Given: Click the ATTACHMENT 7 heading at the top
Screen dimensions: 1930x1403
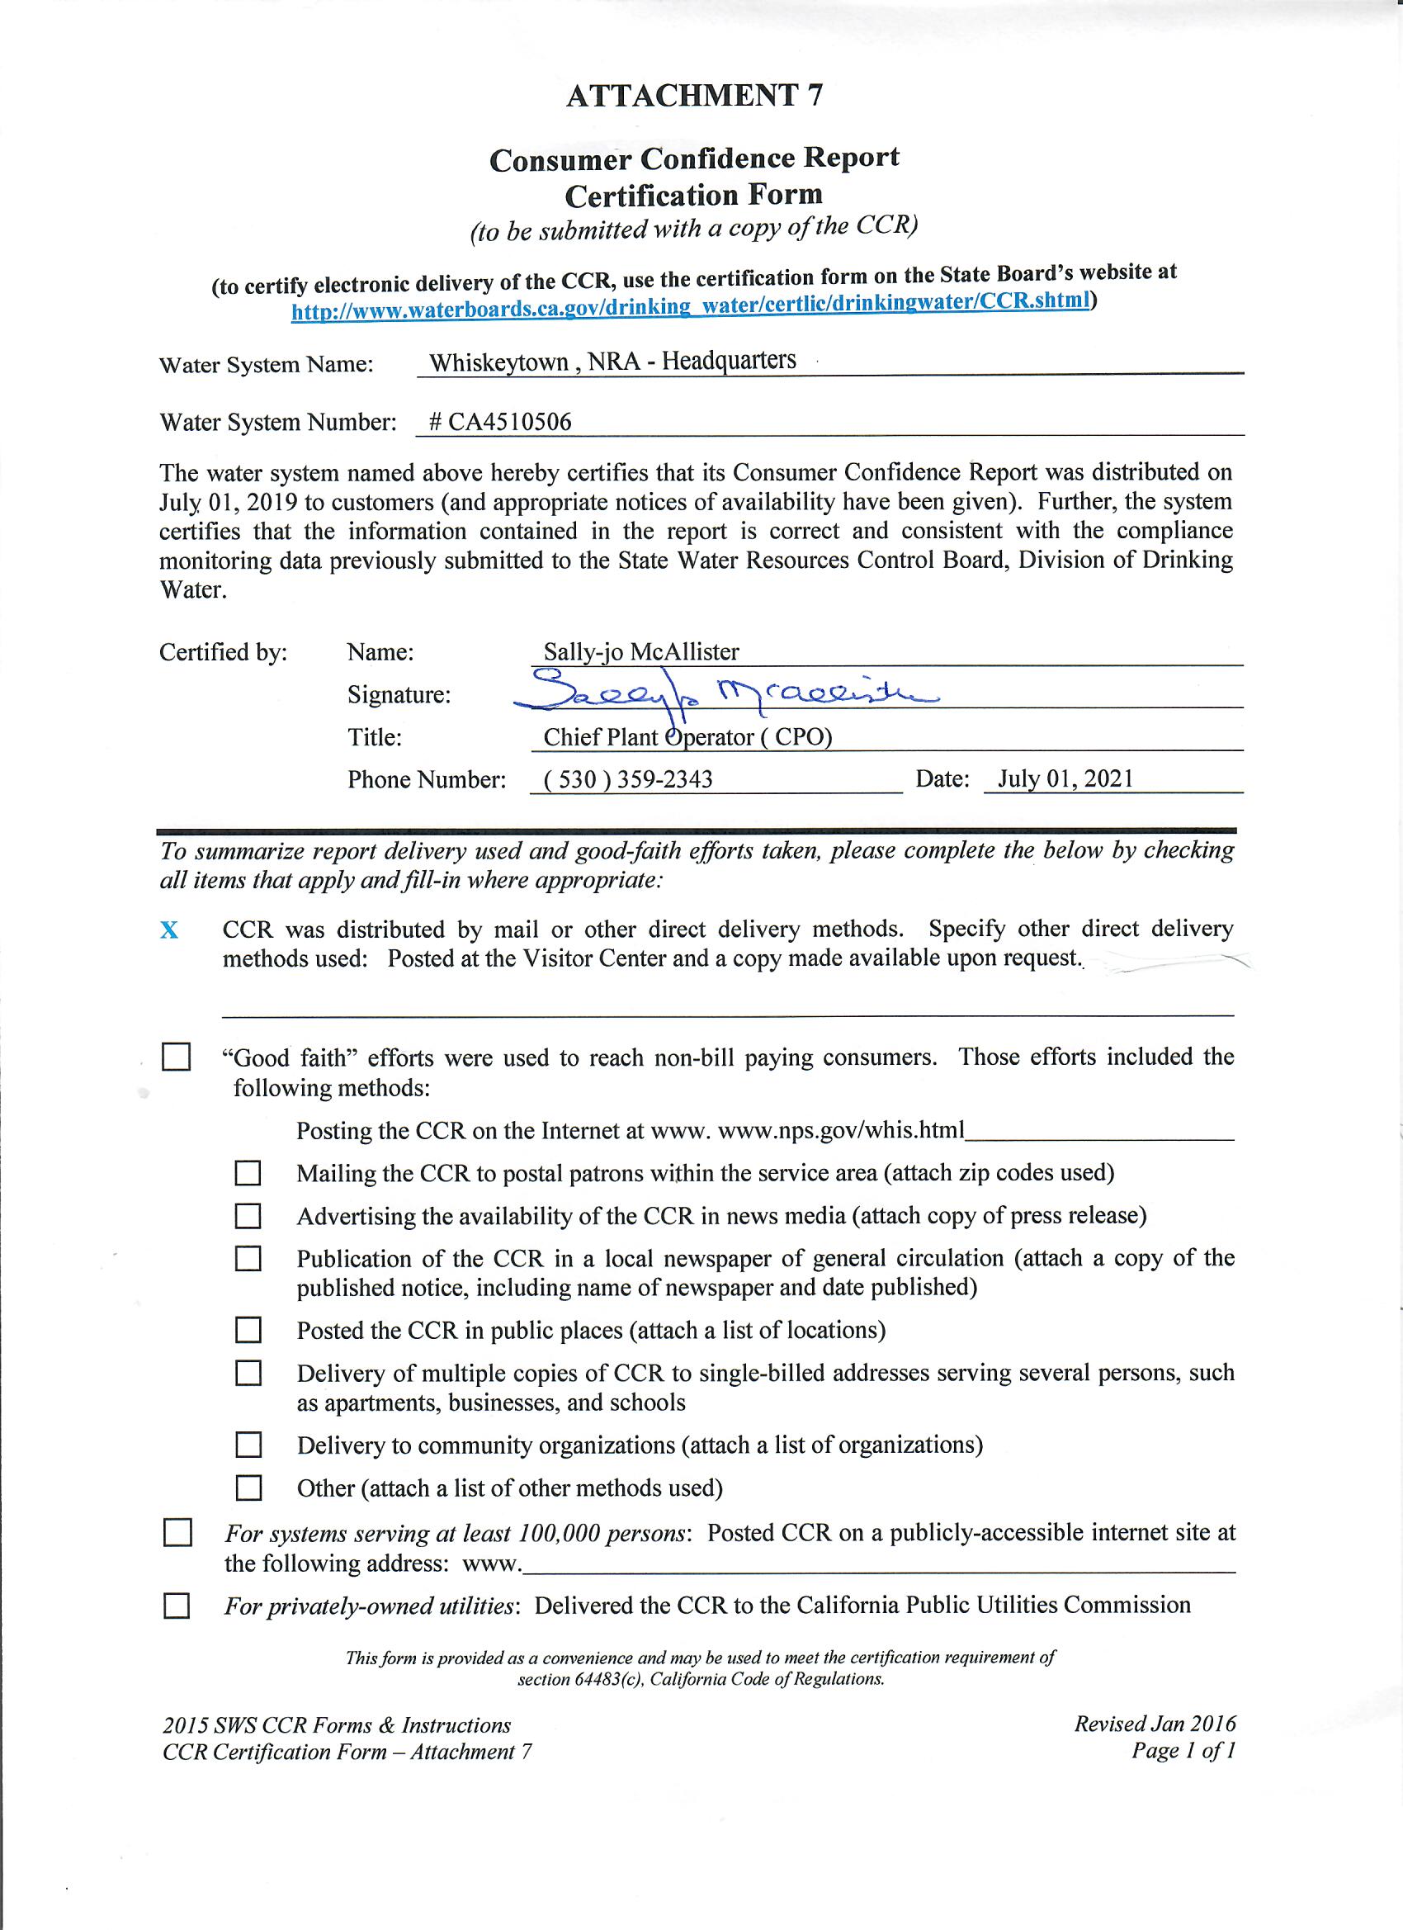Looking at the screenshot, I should click(x=694, y=95).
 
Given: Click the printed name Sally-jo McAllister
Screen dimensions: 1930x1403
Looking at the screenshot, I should click(x=641, y=652).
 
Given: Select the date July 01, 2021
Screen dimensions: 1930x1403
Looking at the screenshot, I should click(x=1065, y=778).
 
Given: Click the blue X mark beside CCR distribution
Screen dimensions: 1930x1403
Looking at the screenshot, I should click(x=169, y=931).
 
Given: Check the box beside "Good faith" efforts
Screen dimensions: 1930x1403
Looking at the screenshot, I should click(x=176, y=1057).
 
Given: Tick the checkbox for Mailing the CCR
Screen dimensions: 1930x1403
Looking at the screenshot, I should click(x=248, y=1174).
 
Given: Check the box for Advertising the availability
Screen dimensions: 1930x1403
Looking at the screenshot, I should click(x=248, y=1216).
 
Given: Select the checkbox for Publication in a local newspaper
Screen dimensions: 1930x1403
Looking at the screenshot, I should click(x=248, y=1259).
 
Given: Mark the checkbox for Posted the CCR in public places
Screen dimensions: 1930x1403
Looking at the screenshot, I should click(x=248, y=1329).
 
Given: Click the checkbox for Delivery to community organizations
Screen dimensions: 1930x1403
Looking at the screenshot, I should click(x=248, y=1444).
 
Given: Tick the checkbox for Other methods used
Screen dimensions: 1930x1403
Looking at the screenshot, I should click(x=248, y=1488).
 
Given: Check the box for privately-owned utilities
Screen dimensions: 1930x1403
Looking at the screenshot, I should click(x=176, y=1606).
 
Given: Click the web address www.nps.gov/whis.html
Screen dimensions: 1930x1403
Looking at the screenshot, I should click(x=842, y=1130).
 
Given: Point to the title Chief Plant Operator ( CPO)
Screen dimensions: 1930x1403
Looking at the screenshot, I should click(x=687, y=737).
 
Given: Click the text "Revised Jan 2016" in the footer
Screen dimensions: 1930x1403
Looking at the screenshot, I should click(x=1154, y=1724).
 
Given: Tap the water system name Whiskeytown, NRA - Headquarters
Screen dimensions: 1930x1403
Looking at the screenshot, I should click(x=612, y=362).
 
